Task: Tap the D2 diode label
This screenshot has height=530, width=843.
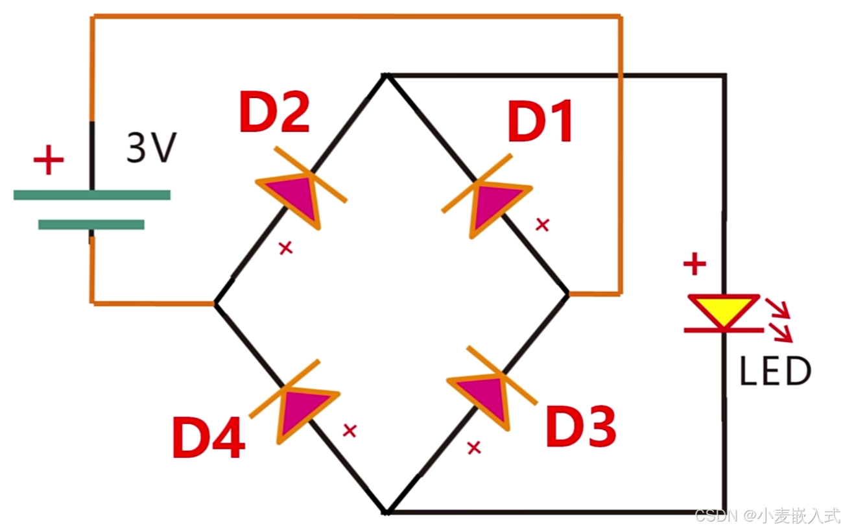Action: click(x=274, y=112)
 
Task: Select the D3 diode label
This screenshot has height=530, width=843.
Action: click(x=580, y=427)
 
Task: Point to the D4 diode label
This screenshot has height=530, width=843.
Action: click(x=208, y=438)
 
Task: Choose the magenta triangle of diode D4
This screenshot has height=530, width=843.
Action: click(x=303, y=410)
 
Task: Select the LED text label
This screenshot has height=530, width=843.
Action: click(x=775, y=372)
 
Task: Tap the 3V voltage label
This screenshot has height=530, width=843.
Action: click(x=150, y=149)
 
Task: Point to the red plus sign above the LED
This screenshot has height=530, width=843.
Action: click(x=695, y=264)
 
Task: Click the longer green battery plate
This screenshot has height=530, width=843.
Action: click(x=91, y=195)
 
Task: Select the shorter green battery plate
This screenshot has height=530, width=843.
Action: click(x=91, y=224)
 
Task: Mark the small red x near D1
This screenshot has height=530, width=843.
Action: click(x=542, y=224)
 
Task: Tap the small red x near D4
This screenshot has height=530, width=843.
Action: click(x=350, y=430)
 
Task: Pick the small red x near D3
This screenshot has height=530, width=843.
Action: click(x=474, y=447)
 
